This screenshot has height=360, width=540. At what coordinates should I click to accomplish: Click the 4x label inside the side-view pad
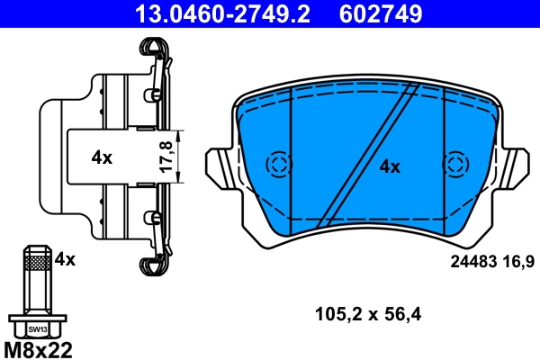coord(102,157)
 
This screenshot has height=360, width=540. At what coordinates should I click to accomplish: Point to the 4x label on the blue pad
coord(389,166)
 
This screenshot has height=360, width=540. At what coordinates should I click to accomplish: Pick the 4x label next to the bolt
coord(65,259)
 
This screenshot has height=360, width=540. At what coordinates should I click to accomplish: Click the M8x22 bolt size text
coord(39,348)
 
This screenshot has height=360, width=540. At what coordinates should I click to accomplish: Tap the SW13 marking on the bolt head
coord(37,328)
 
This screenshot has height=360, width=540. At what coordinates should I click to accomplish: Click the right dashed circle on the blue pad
coord(456,164)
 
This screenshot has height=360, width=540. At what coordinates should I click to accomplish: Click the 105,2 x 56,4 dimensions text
coord(369,315)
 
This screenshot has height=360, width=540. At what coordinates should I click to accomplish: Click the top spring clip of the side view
coord(154,56)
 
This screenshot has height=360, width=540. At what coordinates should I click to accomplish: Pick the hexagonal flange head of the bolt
coord(37,325)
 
